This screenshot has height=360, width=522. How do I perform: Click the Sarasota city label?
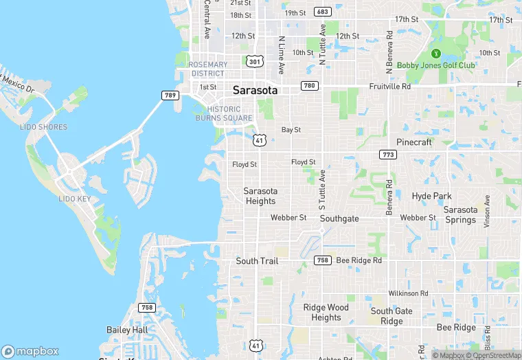pos(255,90)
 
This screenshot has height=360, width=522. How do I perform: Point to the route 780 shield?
pos(309,86)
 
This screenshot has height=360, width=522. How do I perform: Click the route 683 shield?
pos(322,12)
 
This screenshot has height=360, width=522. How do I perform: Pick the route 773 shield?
pos(387,155)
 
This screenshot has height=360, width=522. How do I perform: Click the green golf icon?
pos(435,54)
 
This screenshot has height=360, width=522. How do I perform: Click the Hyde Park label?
pos(431,196)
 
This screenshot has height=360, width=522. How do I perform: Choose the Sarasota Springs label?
pos(460,215)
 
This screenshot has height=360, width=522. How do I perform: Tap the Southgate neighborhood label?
pos(339,218)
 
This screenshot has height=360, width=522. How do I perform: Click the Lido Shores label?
pos(44,127)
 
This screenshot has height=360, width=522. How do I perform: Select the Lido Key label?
pos(75,199)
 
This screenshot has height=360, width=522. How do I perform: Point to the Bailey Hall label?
pos(127,330)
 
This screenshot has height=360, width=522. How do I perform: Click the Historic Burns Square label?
pos(225,113)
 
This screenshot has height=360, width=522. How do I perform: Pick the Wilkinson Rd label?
pos(407,293)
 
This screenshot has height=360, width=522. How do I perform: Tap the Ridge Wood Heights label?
pos(326,313)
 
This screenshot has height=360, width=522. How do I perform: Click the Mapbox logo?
pos(31,350)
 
